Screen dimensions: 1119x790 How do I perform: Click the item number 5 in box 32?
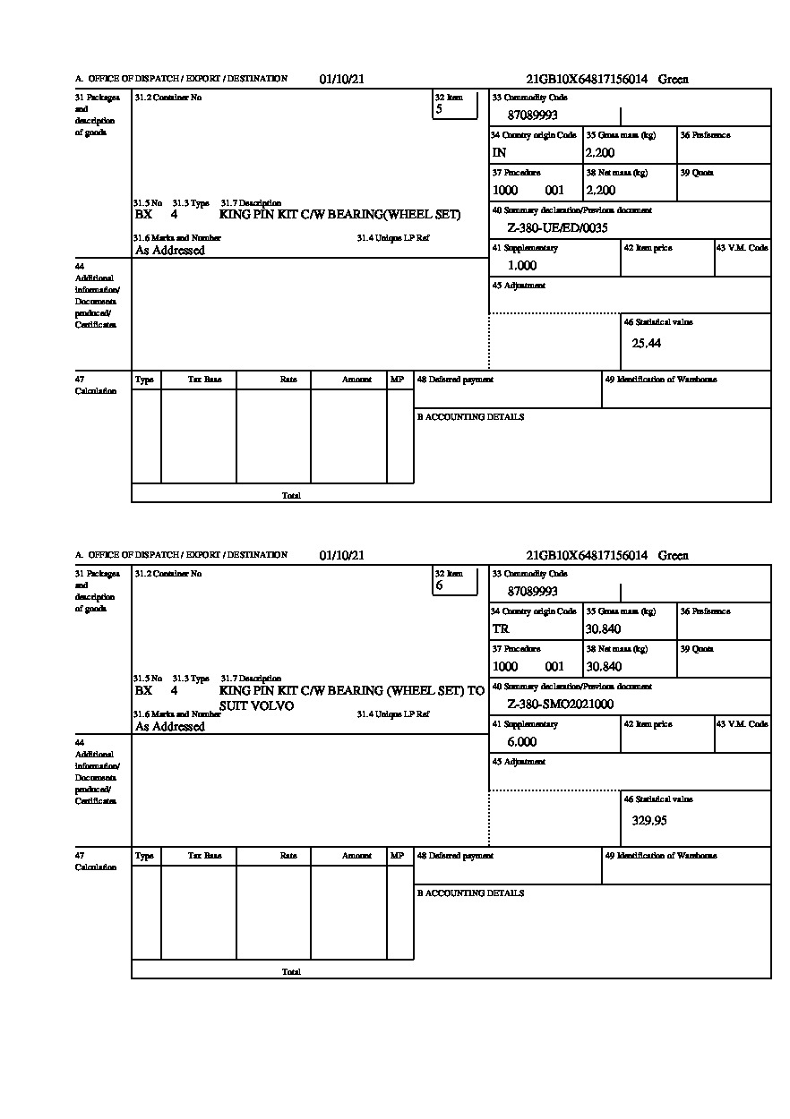[x=439, y=110]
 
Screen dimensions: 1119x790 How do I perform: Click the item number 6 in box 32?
[x=439, y=586]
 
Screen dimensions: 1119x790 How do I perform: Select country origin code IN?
[x=500, y=153]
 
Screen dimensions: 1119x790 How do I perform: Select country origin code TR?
[x=501, y=629]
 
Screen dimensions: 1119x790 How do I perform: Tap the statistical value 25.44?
[x=647, y=344]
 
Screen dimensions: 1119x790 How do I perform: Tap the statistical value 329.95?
[x=649, y=820]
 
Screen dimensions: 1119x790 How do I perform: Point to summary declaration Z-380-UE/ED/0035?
[x=557, y=228]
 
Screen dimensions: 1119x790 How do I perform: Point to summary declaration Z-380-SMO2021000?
[x=561, y=705]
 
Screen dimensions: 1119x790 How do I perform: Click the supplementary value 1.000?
[x=522, y=266]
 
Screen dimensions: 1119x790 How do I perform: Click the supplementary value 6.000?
[x=522, y=742]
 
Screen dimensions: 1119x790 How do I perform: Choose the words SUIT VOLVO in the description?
[x=256, y=705]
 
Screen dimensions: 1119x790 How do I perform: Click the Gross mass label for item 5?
[x=621, y=135]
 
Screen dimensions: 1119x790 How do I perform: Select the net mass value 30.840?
[x=604, y=667]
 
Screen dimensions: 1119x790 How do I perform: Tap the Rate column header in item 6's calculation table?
[x=288, y=856]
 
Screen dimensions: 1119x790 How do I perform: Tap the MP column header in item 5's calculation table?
[x=397, y=380]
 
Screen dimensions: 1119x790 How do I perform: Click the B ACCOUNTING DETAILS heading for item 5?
[x=470, y=417]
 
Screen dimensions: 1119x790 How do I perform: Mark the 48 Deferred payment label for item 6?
[x=455, y=856]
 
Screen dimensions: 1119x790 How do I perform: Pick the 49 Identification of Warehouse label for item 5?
[x=661, y=380]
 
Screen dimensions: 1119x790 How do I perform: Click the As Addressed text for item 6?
[x=170, y=727]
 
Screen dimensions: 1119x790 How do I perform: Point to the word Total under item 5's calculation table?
[x=291, y=496]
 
